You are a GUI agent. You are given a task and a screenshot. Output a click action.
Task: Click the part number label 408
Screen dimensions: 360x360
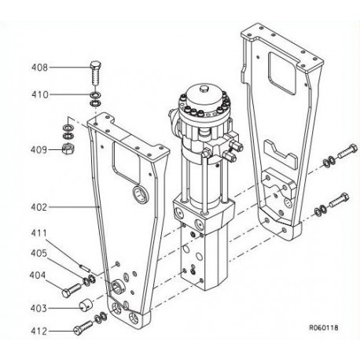click(x=40, y=68)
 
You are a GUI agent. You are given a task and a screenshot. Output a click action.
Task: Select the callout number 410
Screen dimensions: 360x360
click(x=40, y=94)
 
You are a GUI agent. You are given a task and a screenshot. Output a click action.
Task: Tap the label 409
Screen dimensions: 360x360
click(x=39, y=149)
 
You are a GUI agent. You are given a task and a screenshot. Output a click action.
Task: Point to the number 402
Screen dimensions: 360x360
click(x=39, y=207)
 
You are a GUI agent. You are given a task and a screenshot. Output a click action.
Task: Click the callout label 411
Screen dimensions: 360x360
click(x=39, y=233)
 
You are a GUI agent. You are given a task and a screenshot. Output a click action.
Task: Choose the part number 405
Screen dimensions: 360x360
click(x=39, y=253)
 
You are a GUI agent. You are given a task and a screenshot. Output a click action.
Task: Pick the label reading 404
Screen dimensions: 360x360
click(x=38, y=275)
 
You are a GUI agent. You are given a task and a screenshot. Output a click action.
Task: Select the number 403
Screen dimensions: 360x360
click(x=39, y=308)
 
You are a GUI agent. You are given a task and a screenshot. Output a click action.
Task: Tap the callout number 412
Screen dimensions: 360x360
click(x=39, y=331)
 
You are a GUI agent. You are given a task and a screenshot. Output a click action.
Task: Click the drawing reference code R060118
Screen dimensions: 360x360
click(x=324, y=328)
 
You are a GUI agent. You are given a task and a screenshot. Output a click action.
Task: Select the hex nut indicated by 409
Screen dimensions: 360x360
click(x=68, y=149)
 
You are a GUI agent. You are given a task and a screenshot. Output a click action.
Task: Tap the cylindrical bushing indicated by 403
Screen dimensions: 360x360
click(x=86, y=305)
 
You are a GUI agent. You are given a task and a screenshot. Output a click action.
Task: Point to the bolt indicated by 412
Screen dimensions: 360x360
click(x=83, y=328)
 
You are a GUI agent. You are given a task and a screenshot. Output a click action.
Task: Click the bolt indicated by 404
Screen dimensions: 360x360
click(x=72, y=290)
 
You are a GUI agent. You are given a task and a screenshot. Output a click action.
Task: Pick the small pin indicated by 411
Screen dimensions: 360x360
click(x=85, y=267)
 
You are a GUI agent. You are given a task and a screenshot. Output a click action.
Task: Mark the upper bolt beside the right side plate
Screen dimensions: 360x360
click(x=347, y=152)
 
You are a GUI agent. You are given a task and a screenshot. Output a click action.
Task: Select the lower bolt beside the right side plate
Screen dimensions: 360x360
click(x=339, y=200)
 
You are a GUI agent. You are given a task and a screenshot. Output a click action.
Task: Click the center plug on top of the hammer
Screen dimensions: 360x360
click(x=204, y=88)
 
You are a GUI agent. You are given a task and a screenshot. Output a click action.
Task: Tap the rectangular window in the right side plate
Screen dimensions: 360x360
click(x=282, y=73)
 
